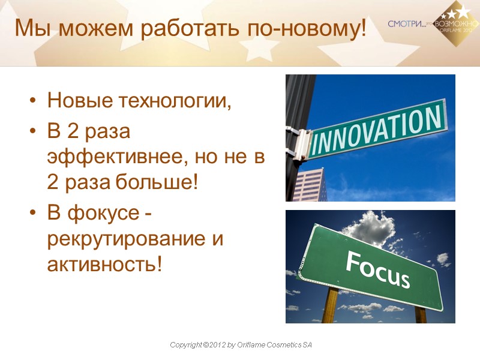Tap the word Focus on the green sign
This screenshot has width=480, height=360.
(377, 269)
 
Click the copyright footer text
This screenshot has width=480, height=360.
(241, 346)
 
